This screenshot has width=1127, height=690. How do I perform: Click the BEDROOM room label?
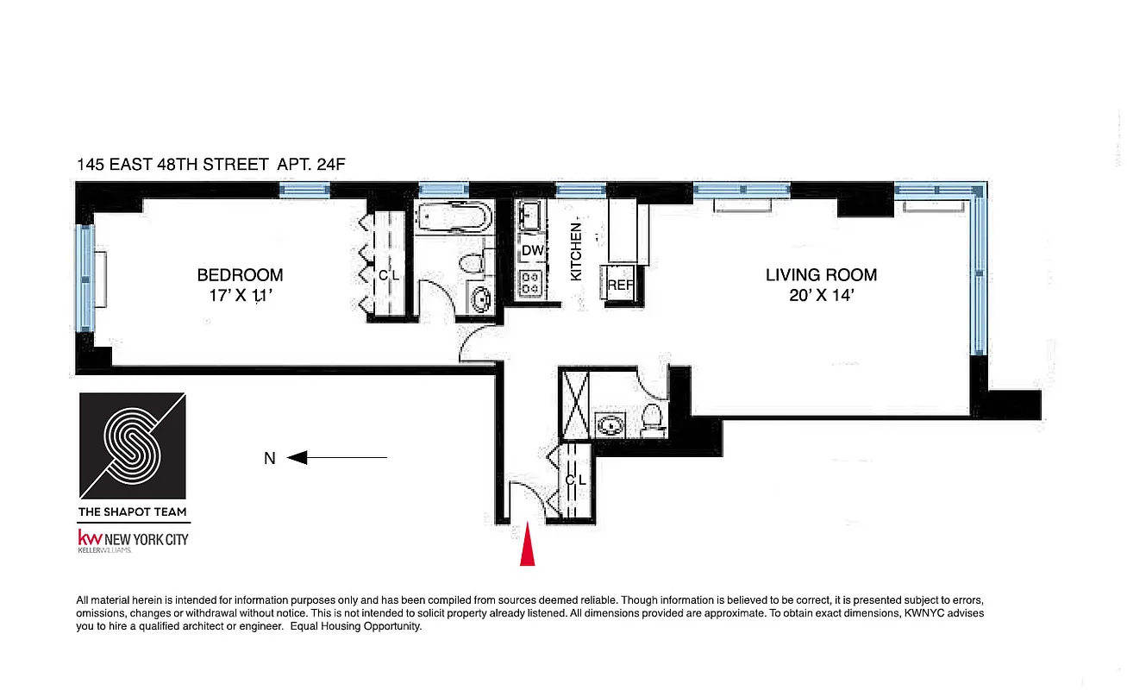point(240,275)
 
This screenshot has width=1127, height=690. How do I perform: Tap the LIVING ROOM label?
point(821,275)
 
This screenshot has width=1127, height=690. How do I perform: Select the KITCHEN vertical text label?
point(577,251)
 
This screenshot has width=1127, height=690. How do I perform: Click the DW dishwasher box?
point(532,251)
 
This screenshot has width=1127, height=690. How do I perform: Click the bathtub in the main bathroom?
point(452,216)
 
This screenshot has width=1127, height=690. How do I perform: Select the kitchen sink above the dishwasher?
point(530,215)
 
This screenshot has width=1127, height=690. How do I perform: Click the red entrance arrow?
point(527,549)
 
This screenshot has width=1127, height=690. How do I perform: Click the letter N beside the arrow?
point(270,459)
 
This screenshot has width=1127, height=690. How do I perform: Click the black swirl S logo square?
point(132,446)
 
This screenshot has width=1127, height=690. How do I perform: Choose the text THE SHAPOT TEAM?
point(132,511)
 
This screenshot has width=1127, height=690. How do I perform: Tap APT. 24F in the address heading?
point(311,164)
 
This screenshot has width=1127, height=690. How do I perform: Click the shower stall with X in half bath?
point(573,391)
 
